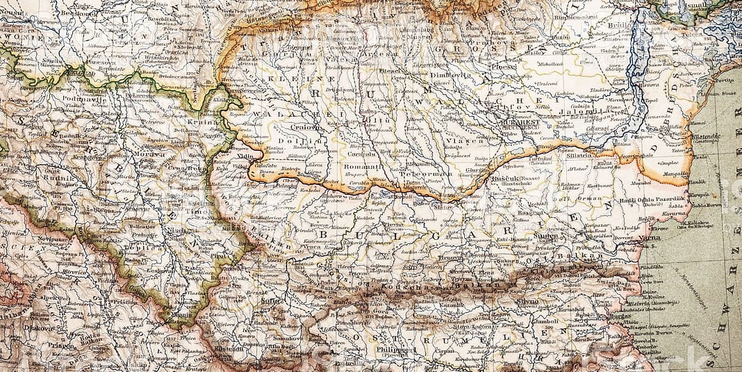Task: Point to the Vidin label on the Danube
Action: coord(245,157)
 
